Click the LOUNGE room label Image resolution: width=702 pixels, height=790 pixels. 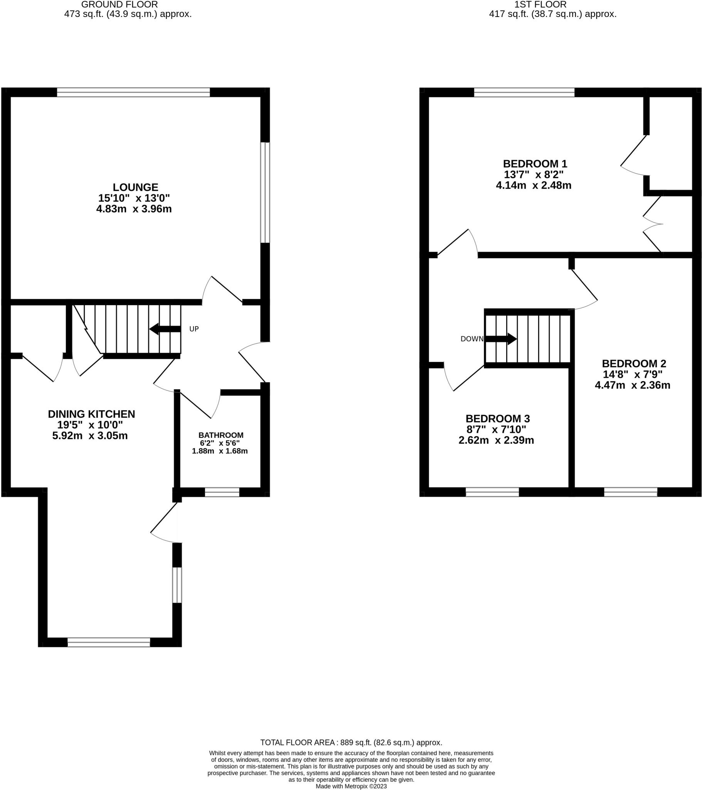135,187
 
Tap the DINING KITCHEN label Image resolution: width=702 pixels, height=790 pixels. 91,414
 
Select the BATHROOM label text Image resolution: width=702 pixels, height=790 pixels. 221,435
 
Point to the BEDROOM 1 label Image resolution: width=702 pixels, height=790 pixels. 535,164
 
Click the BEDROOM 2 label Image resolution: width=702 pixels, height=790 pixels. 634,363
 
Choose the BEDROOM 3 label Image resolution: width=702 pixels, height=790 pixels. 497,419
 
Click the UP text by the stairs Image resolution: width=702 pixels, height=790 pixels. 194,329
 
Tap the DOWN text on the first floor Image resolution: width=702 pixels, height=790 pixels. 471,339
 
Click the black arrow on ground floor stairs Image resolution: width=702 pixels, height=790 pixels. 165,329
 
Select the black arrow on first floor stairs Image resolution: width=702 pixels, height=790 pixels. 501,339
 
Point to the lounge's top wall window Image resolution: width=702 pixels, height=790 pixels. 133,92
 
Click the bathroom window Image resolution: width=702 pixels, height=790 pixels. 222,492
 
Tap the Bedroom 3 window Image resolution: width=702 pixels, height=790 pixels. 492,492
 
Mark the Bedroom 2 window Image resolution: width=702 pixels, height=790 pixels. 630,492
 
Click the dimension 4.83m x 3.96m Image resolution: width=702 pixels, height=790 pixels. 134,209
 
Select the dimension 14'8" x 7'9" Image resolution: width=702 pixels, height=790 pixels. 633,374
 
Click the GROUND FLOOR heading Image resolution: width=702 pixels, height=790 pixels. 120,5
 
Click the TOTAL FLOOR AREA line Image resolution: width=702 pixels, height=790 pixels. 351,743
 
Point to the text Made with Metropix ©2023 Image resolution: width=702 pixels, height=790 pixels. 351,786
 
